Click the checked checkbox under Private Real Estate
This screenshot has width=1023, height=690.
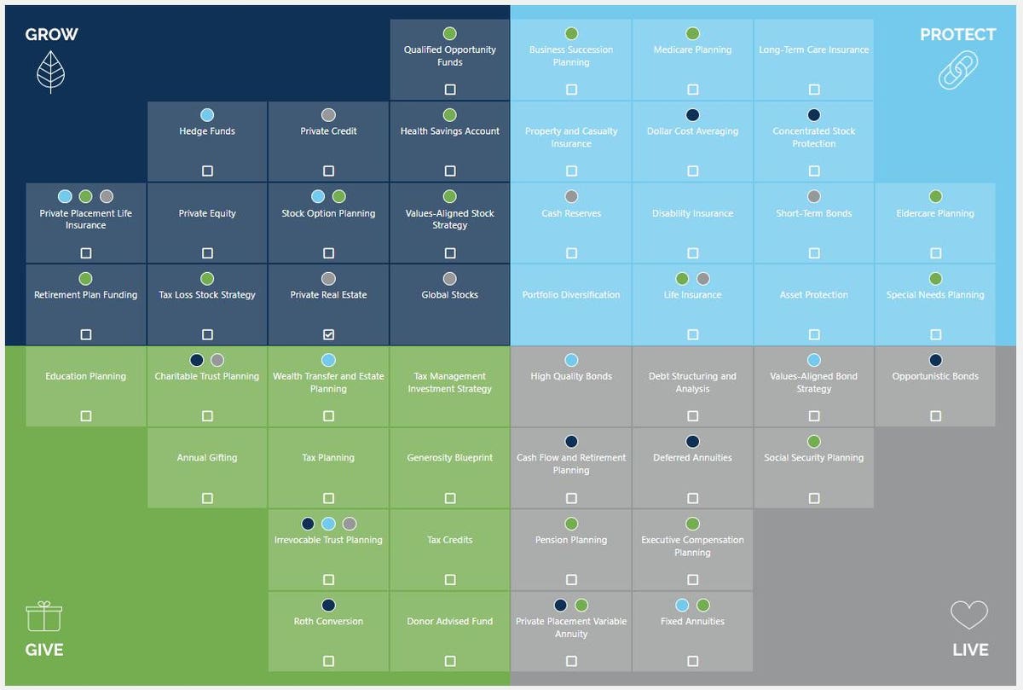click(x=328, y=335)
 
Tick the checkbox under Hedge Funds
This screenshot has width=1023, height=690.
click(x=207, y=171)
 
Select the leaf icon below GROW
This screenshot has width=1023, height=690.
click(x=51, y=72)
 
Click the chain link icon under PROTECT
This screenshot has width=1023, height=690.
click(x=957, y=70)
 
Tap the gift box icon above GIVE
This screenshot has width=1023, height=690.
click(x=44, y=616)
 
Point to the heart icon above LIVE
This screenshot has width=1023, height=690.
click(x=969, y=615)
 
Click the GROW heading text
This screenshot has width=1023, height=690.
click(x=51, y=35)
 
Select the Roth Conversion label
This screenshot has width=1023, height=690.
click(x=328, y=622)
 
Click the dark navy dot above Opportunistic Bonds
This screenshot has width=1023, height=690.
click(x=935, y=361)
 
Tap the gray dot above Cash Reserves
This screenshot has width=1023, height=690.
click(x=571, y=197)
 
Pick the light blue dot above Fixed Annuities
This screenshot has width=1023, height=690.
click(x=682, y=606)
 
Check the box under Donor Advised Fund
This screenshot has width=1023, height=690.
click(x=450, y=662)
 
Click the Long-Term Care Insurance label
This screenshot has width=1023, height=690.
click(x=814, y=50)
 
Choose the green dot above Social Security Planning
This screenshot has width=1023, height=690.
click(x=814, y=442)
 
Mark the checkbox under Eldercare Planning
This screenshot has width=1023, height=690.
click(x=935, y=253)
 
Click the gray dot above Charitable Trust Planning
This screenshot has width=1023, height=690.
click(x=217, y=361)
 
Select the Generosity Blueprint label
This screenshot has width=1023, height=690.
click(x=450, y=458)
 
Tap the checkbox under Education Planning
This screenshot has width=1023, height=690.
click(x=86, y=416)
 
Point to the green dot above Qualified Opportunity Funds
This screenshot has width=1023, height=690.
click(x=450, y=34)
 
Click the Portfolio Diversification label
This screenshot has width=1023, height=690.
click(x=571, y=295)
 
